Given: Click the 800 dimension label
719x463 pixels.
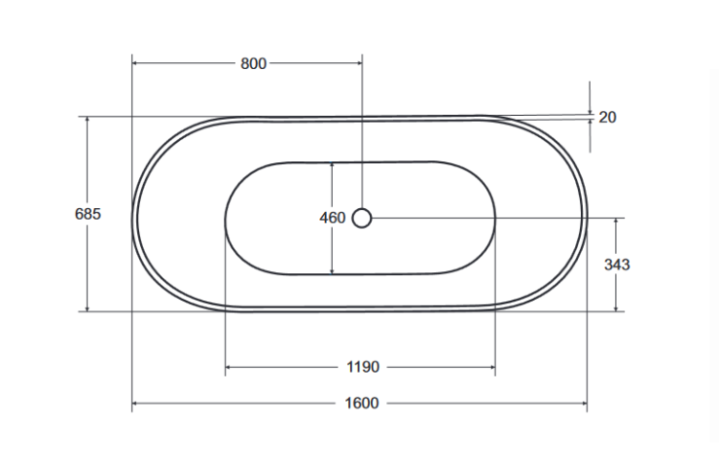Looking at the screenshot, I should [x=252, y=64].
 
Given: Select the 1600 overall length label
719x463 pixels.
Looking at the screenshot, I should [x=361, y=404].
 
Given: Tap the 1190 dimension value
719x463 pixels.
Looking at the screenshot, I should [x=361, y=367].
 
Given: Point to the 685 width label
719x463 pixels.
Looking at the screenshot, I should [x=87, y=214].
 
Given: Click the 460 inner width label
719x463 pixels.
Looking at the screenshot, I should [x=332, y=219].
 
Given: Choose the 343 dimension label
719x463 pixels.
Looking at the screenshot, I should [x=616, y=265].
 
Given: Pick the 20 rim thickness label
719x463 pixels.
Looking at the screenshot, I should [x=607, y=118].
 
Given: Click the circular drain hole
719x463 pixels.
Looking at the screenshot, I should [x=361, y=219].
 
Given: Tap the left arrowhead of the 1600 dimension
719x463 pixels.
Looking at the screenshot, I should [x=135, y=404].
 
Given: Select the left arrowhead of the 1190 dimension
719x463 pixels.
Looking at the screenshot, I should [x=229, y=367].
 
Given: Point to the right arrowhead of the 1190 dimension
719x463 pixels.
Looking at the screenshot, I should [x=491, y=367].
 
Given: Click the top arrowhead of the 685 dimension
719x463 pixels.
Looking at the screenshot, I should [x=87, y=121].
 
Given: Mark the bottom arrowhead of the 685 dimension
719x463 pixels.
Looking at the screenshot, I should [x=87, y=307].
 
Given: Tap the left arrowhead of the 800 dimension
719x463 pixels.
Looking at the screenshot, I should [x=135, y=64].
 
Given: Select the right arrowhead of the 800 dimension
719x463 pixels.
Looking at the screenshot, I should [x=358, y=64].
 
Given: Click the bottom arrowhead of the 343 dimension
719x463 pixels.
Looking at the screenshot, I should [x=616, y=307].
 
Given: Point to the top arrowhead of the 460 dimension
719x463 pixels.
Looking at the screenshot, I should [x=332, y=165].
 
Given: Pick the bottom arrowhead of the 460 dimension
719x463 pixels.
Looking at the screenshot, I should [x=332, y=270].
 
